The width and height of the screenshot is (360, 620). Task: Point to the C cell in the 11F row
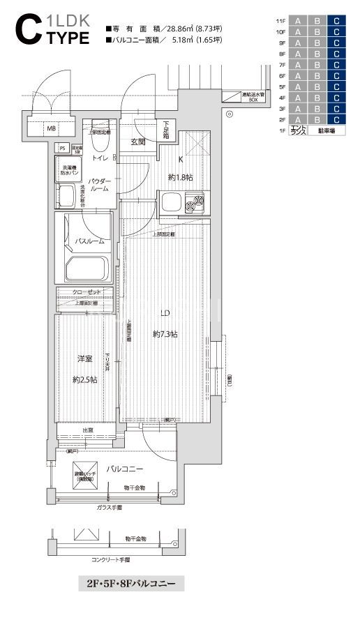(337, 21)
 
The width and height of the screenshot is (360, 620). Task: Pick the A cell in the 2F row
(298, 119)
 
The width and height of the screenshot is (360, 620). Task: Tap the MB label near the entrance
(51, 128)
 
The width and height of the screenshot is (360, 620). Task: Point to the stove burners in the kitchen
(197, 204)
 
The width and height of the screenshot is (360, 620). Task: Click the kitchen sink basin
(172, 204)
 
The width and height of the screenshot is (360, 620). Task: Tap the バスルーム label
(89, 241)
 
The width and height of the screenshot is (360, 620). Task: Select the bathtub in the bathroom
(86, 268)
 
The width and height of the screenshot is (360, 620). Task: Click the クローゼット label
(85, 292)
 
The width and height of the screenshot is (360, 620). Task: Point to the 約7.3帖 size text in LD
(165, 334)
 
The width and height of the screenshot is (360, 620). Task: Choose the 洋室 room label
(84, 358)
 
